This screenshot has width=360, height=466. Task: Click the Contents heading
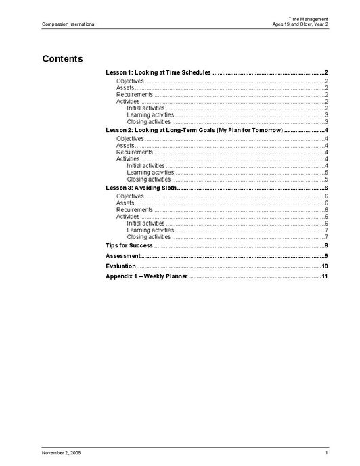tap(62, 58)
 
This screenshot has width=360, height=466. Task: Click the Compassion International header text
tap(68, 24)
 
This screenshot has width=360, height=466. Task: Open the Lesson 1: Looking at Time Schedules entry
tap(159, 72)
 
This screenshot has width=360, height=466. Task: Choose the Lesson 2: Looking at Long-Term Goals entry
tap(194, 129)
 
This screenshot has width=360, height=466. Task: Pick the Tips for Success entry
tap(129, 245)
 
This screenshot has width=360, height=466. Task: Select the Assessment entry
tap(123, 255)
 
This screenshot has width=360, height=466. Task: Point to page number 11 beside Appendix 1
tap(325, 276)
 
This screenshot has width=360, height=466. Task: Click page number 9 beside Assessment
tap(326, 255)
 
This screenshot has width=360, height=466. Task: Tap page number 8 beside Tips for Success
tap(326, 245)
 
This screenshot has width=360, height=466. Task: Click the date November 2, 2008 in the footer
tap(62, 452)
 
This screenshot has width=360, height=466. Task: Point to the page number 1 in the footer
tap(326, 452)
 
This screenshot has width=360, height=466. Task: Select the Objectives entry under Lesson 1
tap(130, 81)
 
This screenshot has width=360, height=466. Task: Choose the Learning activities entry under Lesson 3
tap(150, 230)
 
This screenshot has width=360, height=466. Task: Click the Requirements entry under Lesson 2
tap(135, 152)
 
